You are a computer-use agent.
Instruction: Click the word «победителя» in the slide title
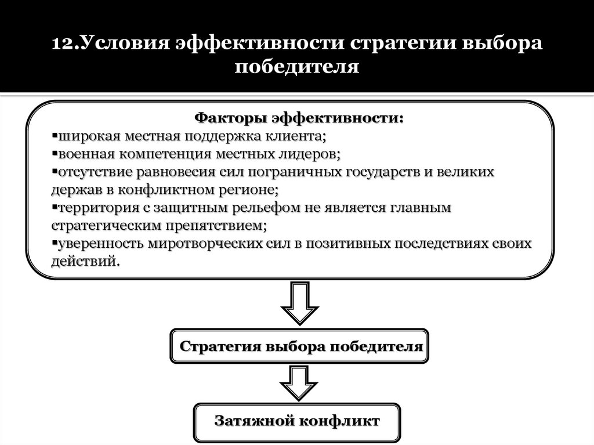pos(297,68)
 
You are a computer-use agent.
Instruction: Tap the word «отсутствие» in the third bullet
pos(95,172)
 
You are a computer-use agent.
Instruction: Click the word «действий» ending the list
pos(85,261)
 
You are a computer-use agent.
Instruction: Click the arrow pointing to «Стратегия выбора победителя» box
pos(299,303)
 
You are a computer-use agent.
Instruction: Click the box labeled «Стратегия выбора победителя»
pos(299,346)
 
